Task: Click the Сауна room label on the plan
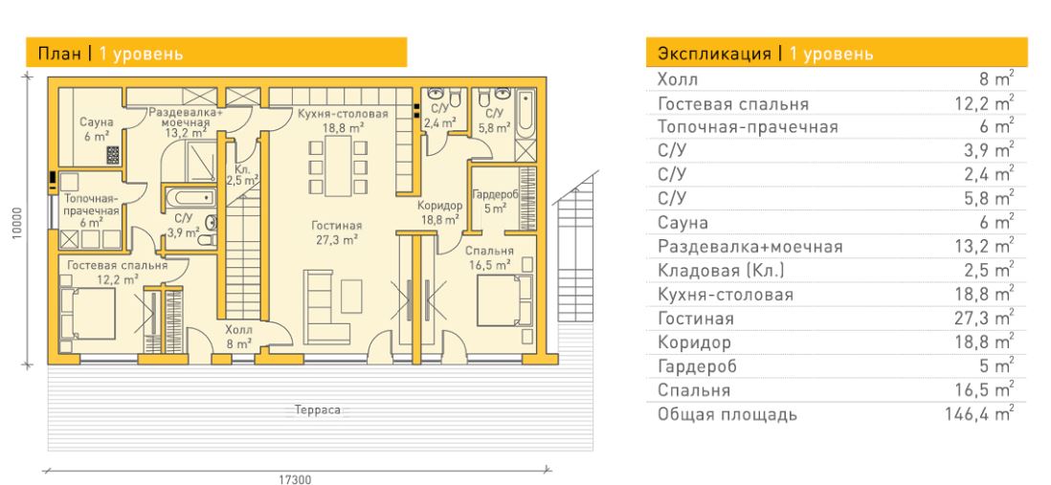(x=97, y=122)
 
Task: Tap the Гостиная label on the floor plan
(x=337, y=226)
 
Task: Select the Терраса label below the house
(x=318, y=409)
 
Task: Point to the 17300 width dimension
(x=295, y=479)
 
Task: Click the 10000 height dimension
(x=18, y=221)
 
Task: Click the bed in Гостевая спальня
(x=88, y=314)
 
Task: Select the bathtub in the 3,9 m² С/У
(x=190, y=198)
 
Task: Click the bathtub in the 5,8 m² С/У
(x=526, y=114)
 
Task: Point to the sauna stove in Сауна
(x=113, y=155)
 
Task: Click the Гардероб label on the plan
(x=495, y=193)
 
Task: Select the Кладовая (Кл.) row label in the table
(x=721, y=271)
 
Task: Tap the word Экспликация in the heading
(x=714, y=54)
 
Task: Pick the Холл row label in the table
(x=678, y=79)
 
